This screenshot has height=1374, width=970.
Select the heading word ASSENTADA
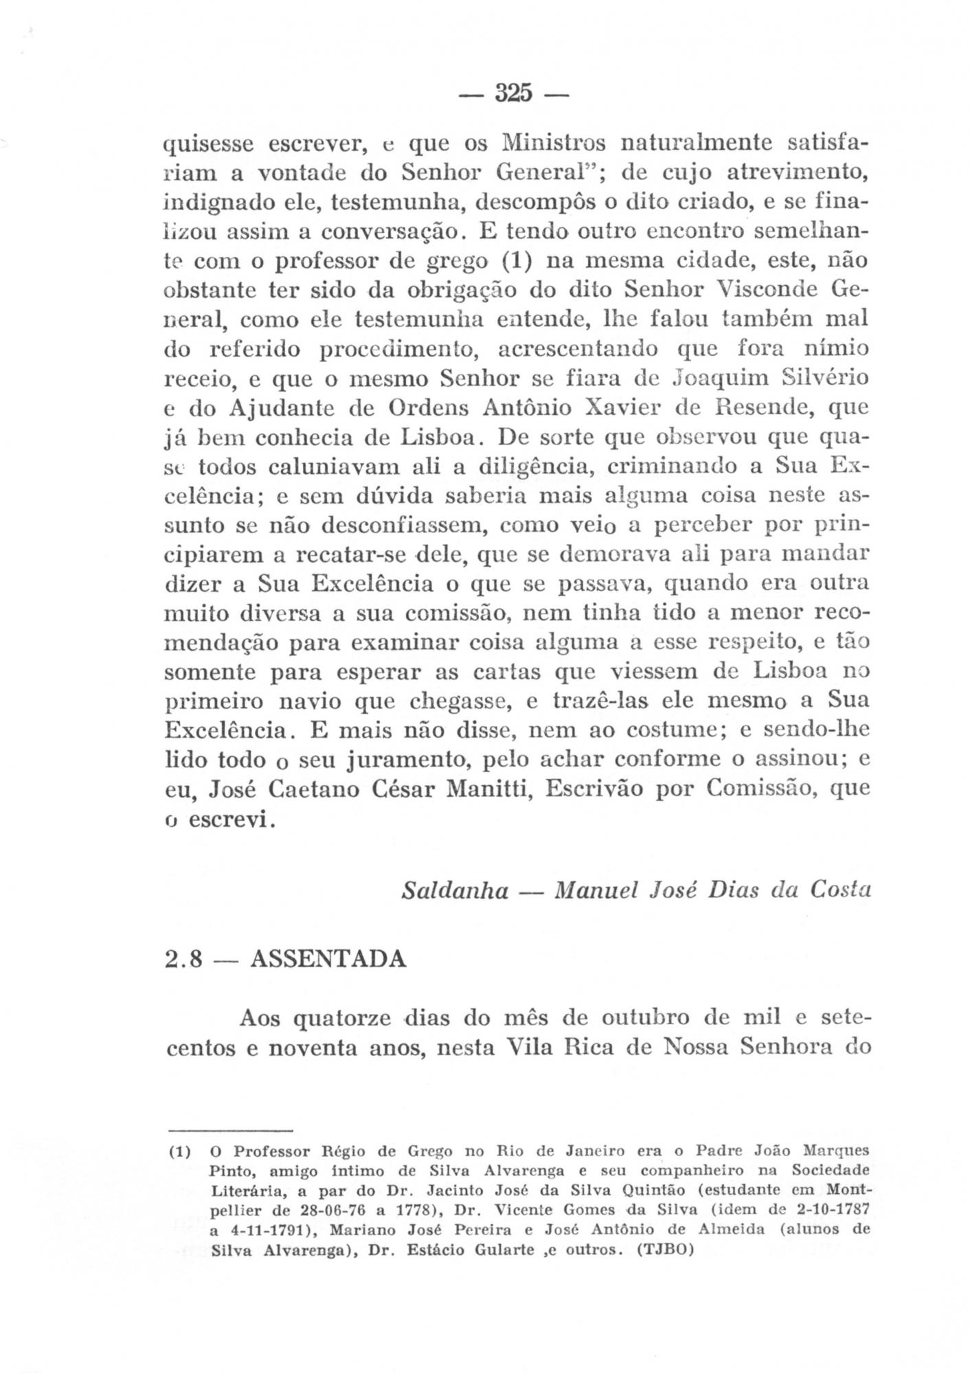(328, 958)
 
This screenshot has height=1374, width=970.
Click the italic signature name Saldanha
(455, 890)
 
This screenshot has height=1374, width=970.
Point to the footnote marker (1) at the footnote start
(179, 1151)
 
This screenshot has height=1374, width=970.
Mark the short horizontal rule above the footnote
(231, 1130)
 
